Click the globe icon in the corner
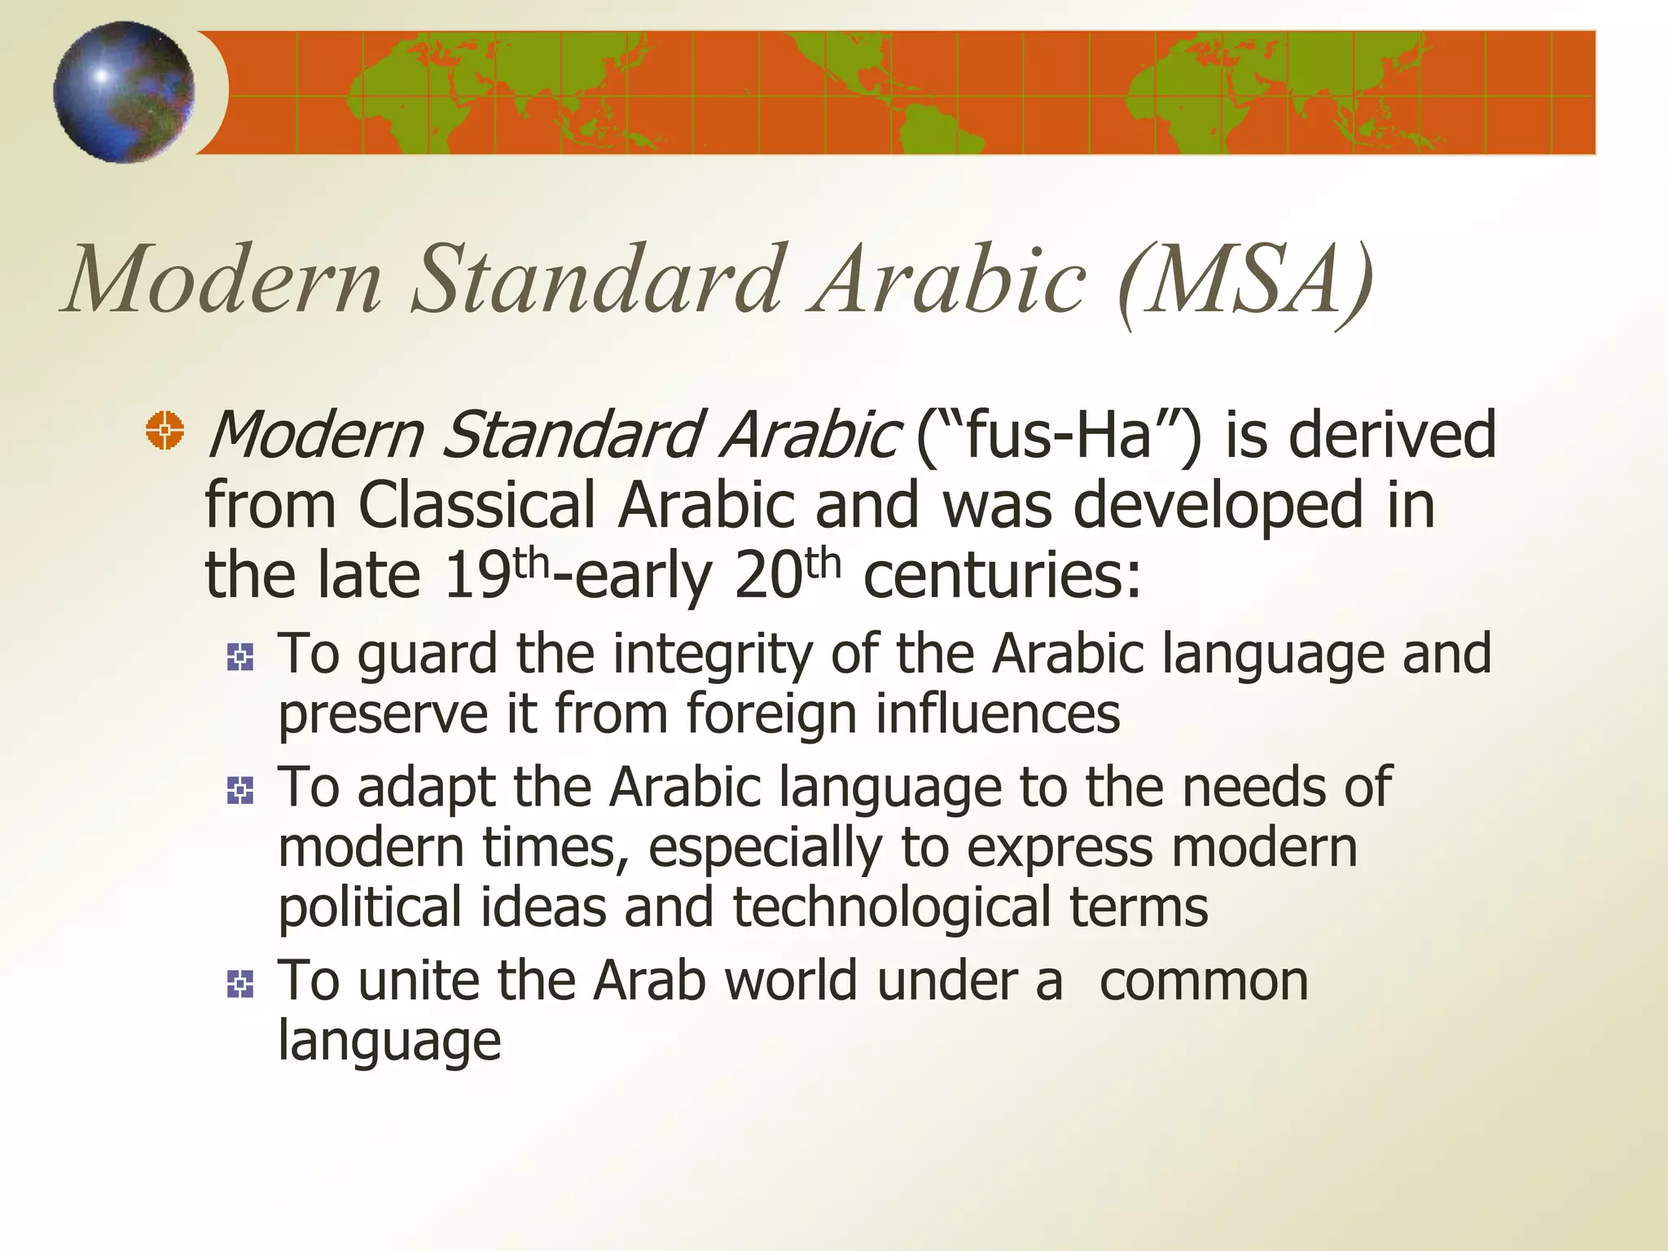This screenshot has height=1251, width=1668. point(124,92)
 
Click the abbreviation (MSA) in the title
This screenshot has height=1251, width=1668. point(1245,281)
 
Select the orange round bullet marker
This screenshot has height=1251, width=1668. point(165,430)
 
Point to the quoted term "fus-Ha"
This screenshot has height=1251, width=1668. point(1058,434)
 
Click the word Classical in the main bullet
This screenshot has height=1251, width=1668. point(476,505)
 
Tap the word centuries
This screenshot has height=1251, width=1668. point(1002,575)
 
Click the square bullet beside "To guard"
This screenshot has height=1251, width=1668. point(240,656)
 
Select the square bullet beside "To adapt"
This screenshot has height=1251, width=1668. point(240,790)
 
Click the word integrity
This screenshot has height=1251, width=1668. point(713,655)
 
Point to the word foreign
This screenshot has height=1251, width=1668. point(770,713)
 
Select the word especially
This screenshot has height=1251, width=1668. point(765,849)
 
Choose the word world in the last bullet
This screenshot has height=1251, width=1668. point(791,981)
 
